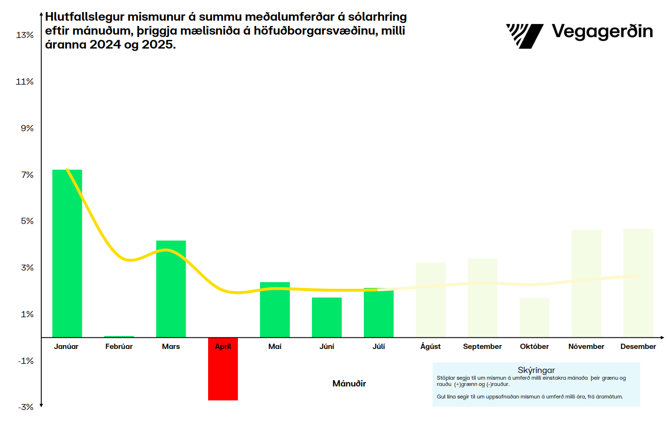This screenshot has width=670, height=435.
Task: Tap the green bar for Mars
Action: (171, 289)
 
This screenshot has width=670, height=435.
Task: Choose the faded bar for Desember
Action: (638, 283)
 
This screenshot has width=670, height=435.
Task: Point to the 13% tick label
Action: (25, 35)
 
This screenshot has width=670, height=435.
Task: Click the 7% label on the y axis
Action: (27, 175)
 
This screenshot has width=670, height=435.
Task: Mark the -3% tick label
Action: (26, 407)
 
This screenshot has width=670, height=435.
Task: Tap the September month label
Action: (482, 347)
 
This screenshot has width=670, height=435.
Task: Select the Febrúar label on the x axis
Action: (119, 347)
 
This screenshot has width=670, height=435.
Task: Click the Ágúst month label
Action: (430, 347)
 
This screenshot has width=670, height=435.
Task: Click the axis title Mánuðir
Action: (349, 384)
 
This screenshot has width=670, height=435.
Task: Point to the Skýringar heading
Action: (536, 370)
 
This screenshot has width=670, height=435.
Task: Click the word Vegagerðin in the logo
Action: (602, 32)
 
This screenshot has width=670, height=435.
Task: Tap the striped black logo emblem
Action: (524, 36)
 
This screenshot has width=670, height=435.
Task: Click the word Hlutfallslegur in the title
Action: (85, 17)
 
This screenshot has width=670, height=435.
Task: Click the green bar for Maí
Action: (275, 310)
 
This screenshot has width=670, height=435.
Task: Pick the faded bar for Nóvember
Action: (586, 284)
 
